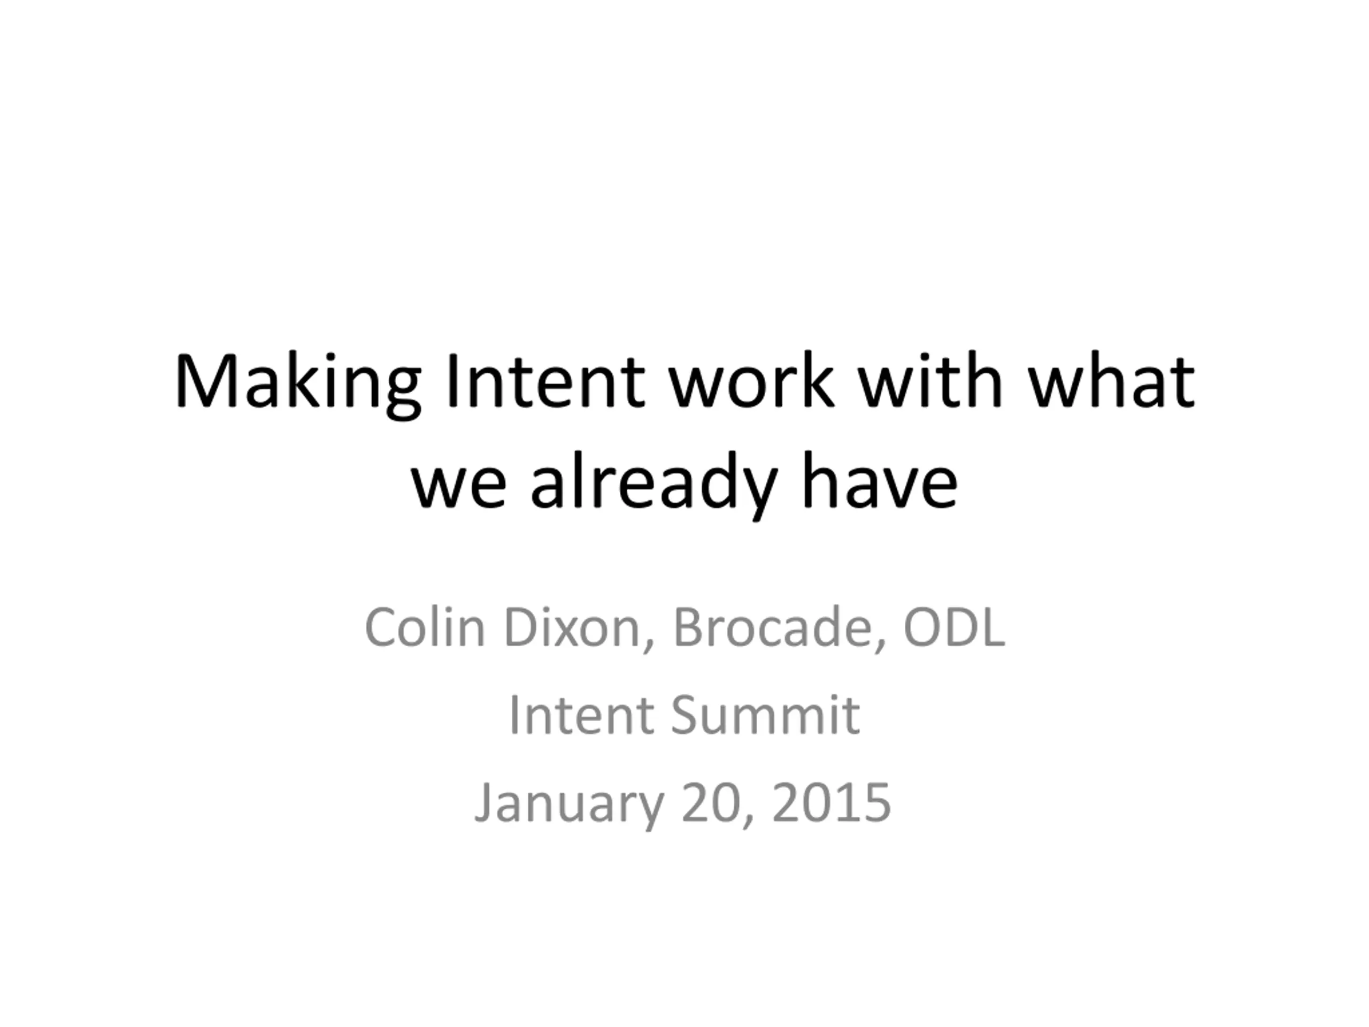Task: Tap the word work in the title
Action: tap(751, 380)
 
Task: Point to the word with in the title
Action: tap(930, 380)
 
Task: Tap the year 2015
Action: tap(832, 802)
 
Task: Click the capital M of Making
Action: tap(207, 380)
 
